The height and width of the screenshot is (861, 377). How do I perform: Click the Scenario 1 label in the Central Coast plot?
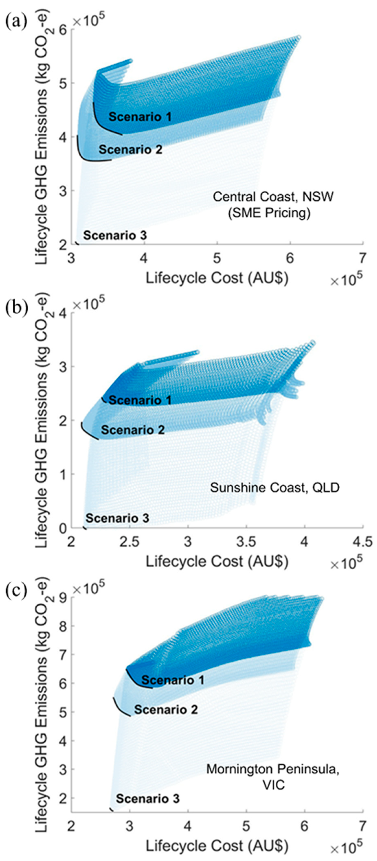pos(140,117)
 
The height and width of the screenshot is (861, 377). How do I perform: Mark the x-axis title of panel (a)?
pos(217,278)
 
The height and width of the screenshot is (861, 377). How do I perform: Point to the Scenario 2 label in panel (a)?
pos(130,149)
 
